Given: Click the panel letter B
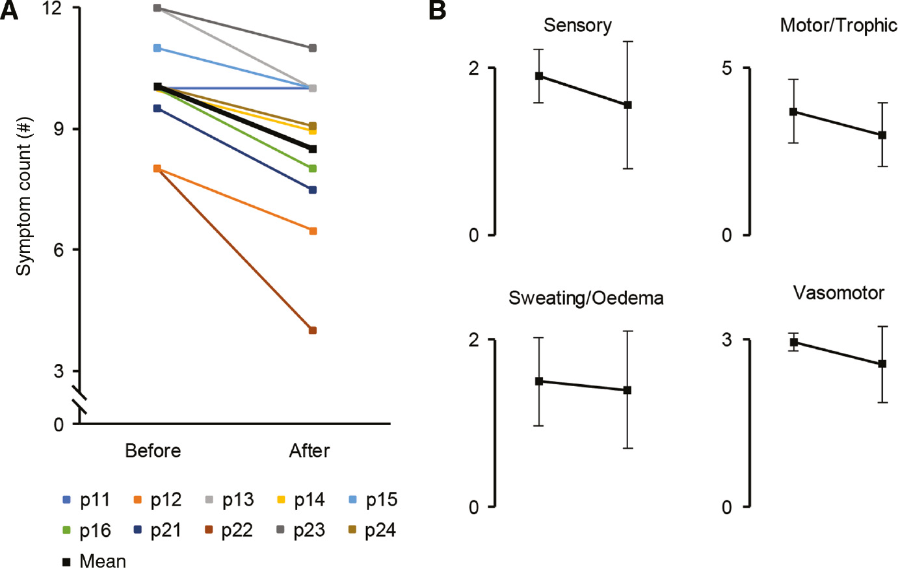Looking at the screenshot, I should pos(438,10).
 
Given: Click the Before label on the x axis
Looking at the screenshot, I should pos(153,450).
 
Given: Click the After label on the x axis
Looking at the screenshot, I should pos(310,450).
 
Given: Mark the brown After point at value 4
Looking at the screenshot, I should pos(313,330).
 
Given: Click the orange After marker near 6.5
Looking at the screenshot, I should pos(313,231).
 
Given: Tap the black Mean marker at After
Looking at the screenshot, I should pos(313,149).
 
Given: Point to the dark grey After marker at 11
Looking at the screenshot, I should pos(313,48).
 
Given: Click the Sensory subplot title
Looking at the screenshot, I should pos(577,25).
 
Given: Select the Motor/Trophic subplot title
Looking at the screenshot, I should pos(838,25).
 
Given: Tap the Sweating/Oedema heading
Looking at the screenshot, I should pos(586,298).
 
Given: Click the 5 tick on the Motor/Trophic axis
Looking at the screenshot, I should pos(727,68).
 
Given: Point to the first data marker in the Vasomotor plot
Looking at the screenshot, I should pos(793,342).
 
